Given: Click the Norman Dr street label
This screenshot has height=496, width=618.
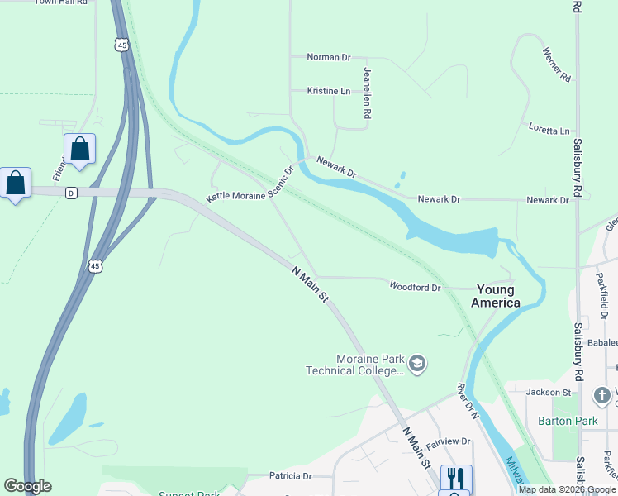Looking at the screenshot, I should (x=329, y=57).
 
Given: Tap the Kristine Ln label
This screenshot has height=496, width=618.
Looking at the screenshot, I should (x=329, y=91).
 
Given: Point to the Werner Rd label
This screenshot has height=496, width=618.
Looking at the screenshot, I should (x=557, y=64).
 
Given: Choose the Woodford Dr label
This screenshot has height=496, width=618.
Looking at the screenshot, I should (x=416, y=286).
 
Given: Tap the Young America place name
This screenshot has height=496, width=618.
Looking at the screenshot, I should (x=496, y=296).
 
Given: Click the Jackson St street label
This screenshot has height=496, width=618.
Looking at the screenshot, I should (x=549, y=392).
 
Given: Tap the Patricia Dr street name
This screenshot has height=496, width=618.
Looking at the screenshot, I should (x=290, y=476).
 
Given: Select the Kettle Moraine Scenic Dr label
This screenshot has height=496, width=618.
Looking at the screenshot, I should (x=250, y=187).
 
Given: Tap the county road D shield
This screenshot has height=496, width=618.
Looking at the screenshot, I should (x=71, y=193).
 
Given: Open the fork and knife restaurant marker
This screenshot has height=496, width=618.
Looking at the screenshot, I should (x=455, y=478).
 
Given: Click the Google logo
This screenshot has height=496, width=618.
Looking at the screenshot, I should (x=27, y=486).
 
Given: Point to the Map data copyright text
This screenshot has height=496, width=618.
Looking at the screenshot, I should (x=566, y=489).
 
